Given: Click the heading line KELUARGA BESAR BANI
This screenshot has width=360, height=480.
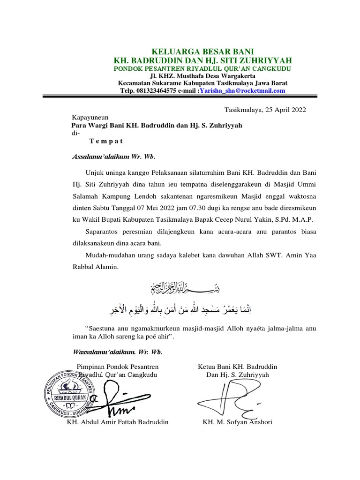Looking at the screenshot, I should coord(203,51).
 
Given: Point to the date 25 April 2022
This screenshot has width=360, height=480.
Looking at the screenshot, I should coord(285,110).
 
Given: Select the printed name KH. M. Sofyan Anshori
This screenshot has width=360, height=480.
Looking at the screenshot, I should coord(237,422).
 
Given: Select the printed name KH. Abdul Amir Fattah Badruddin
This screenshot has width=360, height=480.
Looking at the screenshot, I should coord(118,422).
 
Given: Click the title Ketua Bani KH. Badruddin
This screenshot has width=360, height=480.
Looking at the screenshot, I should coord(238,366).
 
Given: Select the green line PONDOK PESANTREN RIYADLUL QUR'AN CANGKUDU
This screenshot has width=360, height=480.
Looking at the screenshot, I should coord(203,68).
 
